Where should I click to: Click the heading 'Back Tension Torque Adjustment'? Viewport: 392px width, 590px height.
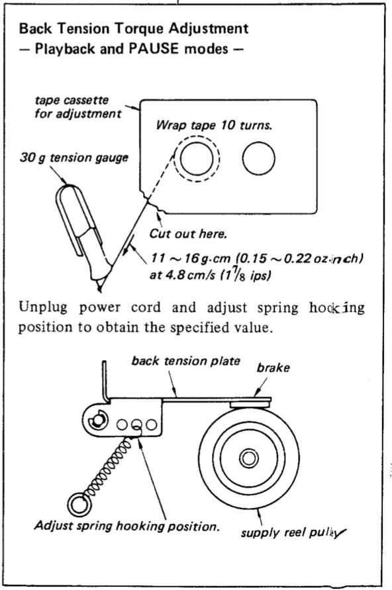pos(134,29)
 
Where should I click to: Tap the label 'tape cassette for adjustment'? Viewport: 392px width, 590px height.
pos(78,107)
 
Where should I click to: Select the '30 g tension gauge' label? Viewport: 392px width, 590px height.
pos(73,158)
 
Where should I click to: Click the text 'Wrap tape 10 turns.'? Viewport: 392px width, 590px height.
pos(214,125)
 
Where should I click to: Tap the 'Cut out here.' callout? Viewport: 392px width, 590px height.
pos(188,234)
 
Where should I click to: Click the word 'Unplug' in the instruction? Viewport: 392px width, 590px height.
pos(42,308)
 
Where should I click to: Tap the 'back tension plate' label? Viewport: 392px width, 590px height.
pos(185,362)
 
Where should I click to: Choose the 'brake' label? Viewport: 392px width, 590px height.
pos(273,368)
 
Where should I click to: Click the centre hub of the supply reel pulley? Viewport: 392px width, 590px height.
pos(249,458)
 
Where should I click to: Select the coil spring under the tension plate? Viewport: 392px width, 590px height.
pos(108,467)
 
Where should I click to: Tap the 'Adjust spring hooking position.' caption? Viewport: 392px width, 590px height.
pos(126,526)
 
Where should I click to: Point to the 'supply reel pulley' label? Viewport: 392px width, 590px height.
pos(293,532)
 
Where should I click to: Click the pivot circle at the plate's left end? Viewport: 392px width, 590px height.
pos(98,420)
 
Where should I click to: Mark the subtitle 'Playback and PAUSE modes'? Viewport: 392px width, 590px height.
pos(132,49)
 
